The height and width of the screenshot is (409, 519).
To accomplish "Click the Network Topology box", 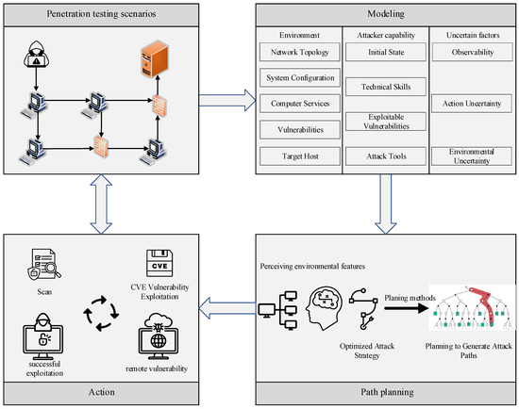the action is [299, 52].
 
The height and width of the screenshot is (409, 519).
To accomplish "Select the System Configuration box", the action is [299, 77].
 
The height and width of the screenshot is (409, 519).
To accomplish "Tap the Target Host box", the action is [299, 156].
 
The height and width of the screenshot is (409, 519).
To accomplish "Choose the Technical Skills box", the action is [386, 87].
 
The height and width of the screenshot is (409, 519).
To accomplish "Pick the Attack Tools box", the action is [386, 156].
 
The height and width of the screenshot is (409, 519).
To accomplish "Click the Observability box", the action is [473, 52].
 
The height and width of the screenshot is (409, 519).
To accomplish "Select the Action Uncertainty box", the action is [472, 104].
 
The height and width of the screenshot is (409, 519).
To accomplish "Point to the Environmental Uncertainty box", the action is [472, 156].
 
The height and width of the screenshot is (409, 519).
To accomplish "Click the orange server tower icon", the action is [155, 58].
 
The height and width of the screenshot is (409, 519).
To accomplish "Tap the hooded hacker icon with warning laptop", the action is [37, 55].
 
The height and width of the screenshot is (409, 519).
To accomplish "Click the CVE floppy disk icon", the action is [159, 263].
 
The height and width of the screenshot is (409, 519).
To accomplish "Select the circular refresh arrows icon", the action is [101, 313].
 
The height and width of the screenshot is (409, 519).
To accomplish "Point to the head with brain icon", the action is [324, 308].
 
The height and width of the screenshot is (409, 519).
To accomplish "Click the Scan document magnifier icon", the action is [44, 265].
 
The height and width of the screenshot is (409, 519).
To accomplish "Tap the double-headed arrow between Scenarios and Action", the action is [101, 204].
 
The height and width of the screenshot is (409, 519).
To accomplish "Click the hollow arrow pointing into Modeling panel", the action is [227, 100].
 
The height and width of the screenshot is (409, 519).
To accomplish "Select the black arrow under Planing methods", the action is [406, 308].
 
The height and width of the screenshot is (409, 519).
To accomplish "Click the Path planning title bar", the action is [386, 393].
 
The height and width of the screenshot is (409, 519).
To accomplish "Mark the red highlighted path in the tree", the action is [483, 304].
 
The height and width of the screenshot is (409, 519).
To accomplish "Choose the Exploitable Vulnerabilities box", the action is [386, 122].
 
